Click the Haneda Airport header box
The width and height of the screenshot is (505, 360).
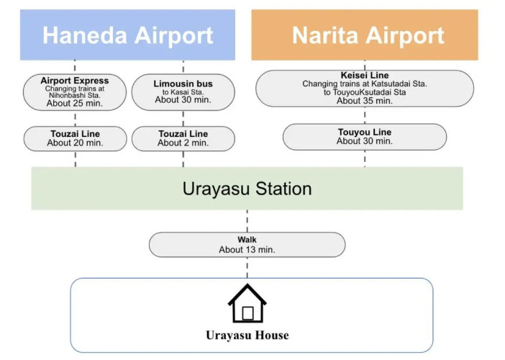(x=127, y=35)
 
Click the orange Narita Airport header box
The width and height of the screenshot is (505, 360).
(x=364, y=35)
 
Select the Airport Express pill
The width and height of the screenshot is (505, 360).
(x=75, y=92)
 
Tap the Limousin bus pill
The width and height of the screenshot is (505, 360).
(x=183, y=92)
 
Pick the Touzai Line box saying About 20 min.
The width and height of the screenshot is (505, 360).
(x=75, y=138)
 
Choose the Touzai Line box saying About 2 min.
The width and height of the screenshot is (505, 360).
(x=183, y=138)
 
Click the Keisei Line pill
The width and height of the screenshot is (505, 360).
(x=364, y=88)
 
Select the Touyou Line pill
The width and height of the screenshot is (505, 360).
(x=364, y=137)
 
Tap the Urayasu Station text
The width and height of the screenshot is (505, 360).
(x=247, y=189)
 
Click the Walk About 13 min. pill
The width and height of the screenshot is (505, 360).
(x=247, y=244)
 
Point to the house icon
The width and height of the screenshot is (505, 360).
(x=247, y=304)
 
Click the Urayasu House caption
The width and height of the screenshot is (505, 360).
(x=247, y=336)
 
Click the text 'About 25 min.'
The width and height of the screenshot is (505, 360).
(x=75, y=104)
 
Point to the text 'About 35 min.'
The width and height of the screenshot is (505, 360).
(x=364, y=101)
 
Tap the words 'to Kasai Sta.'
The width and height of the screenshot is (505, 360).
(x=183, y=92)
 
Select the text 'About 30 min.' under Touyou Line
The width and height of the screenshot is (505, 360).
(x=364, y=142)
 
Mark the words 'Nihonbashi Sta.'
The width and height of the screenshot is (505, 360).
(x=75, y=95)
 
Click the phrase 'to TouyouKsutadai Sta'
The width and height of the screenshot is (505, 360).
(x=364, y=93)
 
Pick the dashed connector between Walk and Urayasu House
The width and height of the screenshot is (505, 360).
(x=247, y=267)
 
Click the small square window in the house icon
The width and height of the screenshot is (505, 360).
(x=247, y=313)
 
